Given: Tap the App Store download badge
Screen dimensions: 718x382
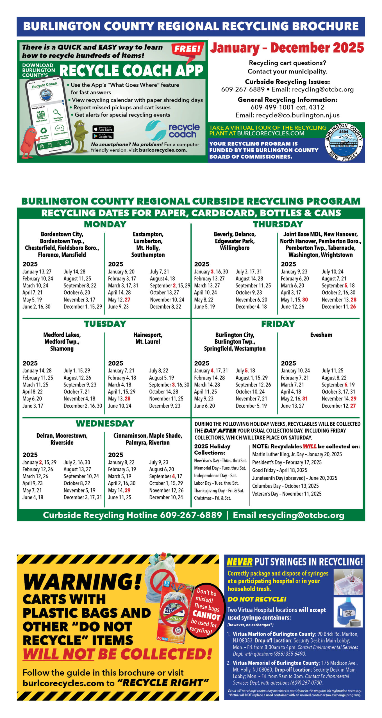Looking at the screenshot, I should tap(103, 129).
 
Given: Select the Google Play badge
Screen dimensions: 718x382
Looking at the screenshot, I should tap(103, 136).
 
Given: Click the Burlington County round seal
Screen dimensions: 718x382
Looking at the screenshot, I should tap(344, 142).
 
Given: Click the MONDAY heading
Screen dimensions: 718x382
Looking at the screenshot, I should tap(105, 224).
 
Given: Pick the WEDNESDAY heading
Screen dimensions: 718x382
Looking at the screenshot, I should tap(105, 423).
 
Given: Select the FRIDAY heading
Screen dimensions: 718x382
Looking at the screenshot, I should tap(278, 324).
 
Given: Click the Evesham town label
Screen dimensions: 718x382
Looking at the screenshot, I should tap(321, 335).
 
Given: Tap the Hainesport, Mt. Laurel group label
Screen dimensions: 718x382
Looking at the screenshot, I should tap(148, 338).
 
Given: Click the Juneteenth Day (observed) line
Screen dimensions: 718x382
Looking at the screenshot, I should tap(294, 478).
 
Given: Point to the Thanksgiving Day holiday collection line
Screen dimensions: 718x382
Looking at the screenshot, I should tap(219, 491).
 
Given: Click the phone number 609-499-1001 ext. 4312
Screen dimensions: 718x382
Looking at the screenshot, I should tap(287, 107).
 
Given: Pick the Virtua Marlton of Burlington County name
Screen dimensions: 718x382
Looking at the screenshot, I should tap(274, 634).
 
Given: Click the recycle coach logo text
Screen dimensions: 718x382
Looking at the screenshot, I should tap(184, 131).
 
